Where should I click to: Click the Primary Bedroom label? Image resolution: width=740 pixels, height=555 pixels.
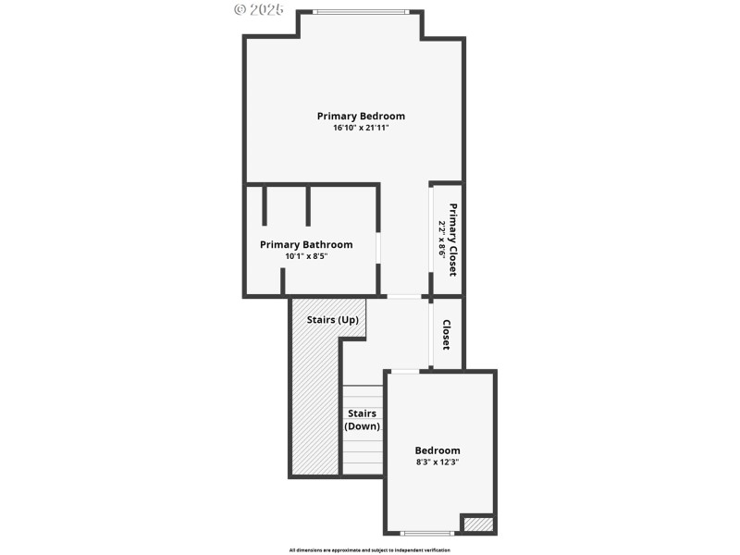point(361,116)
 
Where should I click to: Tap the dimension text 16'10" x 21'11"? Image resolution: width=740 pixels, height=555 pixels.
point(361,128)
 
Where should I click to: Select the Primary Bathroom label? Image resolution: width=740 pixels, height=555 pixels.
point(306,244)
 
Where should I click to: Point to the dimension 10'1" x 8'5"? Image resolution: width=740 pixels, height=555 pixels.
point(306,256)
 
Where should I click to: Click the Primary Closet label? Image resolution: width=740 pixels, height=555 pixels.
point(454,239)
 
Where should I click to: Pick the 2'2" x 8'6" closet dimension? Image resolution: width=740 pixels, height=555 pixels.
point(442,239)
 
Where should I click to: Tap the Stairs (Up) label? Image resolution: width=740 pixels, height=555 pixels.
point(332,319)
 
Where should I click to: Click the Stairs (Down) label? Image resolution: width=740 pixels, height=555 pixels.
point(362,420)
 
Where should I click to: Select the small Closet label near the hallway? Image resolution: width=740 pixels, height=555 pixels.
point(446,334)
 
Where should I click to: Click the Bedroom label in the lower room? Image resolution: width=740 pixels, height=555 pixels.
point(438,450)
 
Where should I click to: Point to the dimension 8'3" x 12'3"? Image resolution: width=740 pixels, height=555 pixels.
point(438,462)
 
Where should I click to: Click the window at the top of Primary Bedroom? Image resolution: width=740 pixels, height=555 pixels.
point(359,11)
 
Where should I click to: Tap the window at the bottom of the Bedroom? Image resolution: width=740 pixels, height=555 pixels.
point(427,533)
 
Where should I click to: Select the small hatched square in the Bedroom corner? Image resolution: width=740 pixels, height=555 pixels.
point(477,524)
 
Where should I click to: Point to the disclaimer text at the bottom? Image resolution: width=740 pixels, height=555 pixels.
point(370,549)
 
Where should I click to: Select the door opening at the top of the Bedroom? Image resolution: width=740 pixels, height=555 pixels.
point(404,371)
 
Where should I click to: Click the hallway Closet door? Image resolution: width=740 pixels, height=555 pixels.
point(431,333)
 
